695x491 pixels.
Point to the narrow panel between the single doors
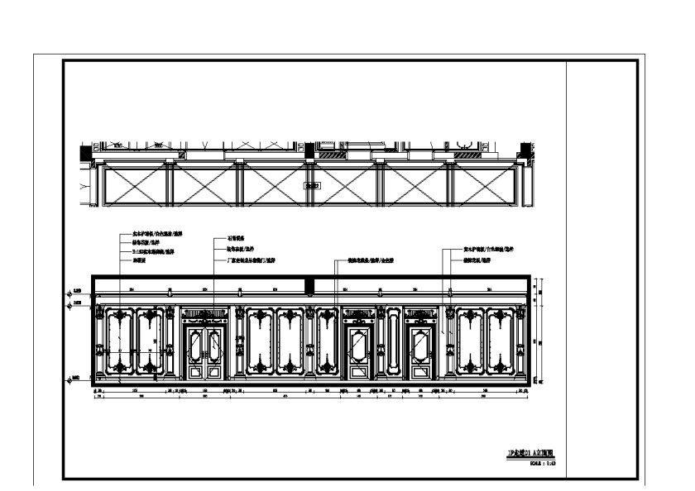(x=390, y=343)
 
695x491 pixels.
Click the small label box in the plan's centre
(x=311, y=186)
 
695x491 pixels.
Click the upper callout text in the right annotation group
(x=489, y=249)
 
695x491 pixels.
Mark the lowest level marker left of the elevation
(x=75, y=379)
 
